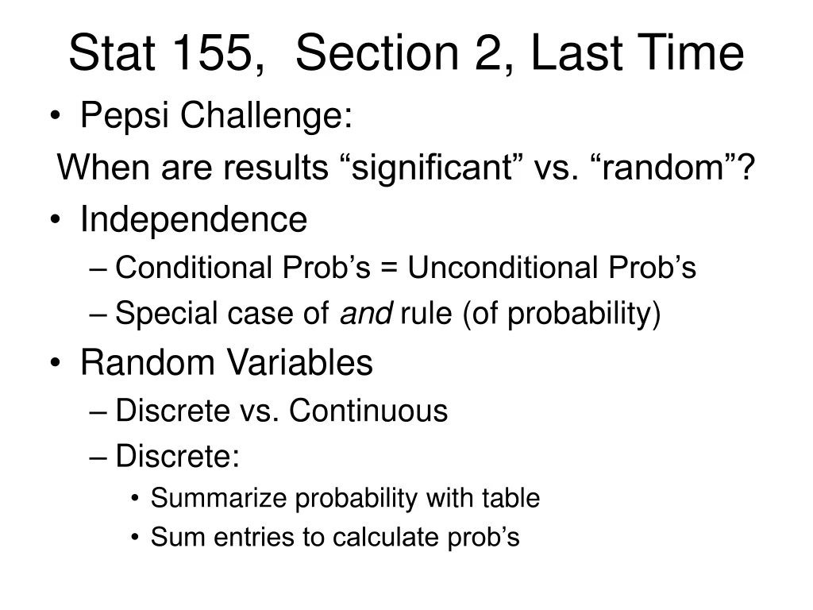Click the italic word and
[365, 315]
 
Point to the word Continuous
[368, 411]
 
